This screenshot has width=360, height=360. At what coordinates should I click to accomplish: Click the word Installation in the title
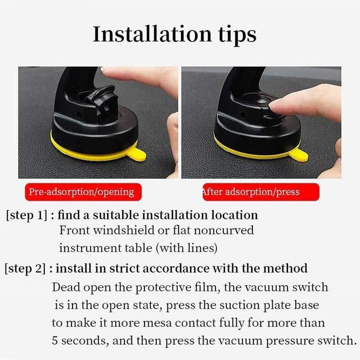152,34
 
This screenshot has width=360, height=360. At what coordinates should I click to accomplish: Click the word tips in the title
237,36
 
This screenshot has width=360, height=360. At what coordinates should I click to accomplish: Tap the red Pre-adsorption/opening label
83,192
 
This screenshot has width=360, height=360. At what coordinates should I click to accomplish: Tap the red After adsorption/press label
261,192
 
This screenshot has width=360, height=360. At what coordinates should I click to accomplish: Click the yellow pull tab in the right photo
299,155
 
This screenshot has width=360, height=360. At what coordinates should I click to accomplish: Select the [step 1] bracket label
26,216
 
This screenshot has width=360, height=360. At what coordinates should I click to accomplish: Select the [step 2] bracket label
25,269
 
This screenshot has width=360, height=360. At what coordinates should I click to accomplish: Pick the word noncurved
224,230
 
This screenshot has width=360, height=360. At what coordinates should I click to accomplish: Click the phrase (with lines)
186,248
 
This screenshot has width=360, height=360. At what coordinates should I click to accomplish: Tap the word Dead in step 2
66,287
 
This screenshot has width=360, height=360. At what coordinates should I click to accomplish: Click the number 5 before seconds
55,340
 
